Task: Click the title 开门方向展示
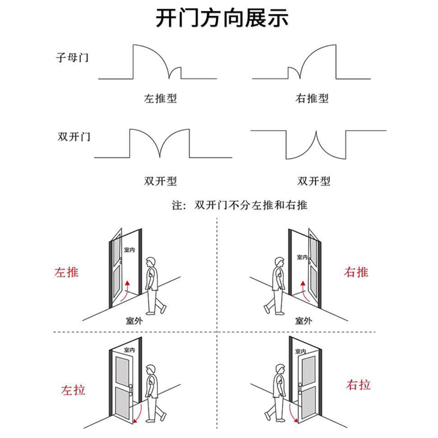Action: [222, 19]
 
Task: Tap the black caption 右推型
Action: [312, 99]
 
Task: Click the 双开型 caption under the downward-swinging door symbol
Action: [314, 181]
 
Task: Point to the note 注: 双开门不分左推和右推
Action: [240, 206]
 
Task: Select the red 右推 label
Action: [356, 272]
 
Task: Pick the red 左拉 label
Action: [73, 390]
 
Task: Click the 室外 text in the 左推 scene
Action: [134, 321]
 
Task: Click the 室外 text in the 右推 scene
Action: [304, 321]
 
